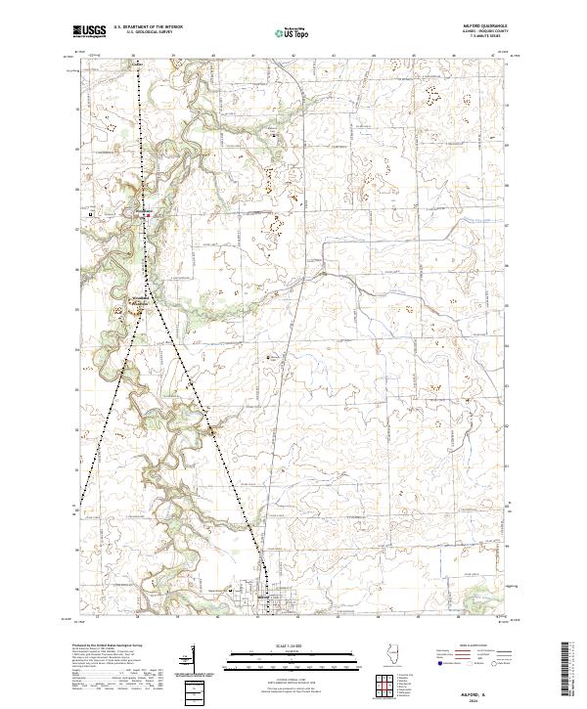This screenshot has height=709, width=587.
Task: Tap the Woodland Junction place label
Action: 139,299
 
